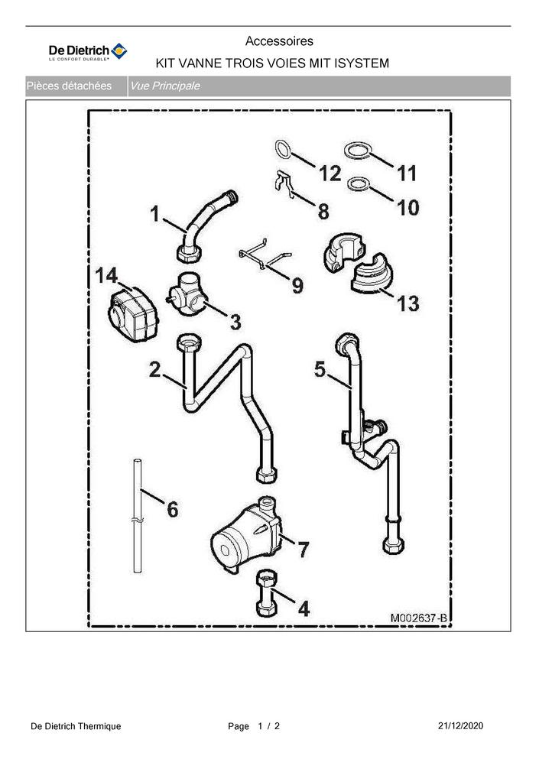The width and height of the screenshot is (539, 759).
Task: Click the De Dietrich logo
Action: (x=88, y=52)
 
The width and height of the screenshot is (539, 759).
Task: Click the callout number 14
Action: (x=106, y=275)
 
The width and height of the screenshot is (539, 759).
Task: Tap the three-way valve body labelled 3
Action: (x=187, y=294)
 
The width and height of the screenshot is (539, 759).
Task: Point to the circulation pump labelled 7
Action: (x=246, y=536)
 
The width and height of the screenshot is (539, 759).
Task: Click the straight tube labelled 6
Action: (x=138, y=516)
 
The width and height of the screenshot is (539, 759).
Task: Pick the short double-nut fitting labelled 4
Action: (x=266, y=593)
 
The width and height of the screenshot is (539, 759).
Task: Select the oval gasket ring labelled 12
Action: (x=283, y=150)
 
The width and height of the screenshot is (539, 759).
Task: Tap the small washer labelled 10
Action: (x=357, y=184)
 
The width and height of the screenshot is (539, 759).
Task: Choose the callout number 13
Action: (x=407, y=303)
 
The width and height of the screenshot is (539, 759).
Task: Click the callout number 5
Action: (x=320, y=369)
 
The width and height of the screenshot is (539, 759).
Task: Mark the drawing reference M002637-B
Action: (x=418, y=618)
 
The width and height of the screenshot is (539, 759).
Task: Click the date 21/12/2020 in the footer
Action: (x=460, y=725)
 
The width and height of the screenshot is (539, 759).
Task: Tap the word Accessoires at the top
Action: (x=279, y=41)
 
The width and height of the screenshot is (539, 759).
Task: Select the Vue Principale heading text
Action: (x=164, y=86)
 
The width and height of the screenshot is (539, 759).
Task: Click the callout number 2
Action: (x=154, y=370)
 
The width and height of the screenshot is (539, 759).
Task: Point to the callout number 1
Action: (x=154, y=213)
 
